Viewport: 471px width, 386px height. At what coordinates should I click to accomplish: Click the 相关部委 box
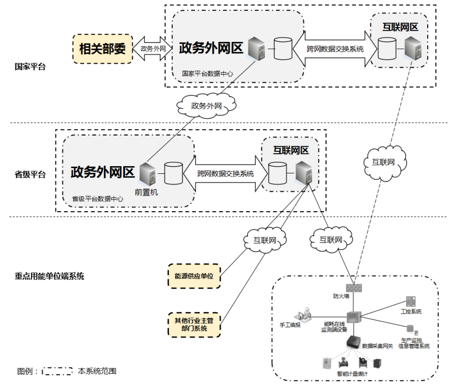103,48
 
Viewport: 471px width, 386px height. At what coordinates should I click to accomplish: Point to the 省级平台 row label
30,174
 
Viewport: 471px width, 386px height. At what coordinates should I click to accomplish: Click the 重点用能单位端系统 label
49,276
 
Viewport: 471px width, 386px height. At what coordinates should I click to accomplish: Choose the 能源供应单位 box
194,276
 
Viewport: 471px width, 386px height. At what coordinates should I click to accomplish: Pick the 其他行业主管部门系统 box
194,325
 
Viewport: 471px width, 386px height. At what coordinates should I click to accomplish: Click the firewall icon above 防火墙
353,287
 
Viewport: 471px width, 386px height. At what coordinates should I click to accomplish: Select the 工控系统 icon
410,302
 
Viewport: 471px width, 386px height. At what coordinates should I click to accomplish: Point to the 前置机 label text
146,192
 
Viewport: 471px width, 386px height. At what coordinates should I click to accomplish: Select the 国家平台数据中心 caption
207,73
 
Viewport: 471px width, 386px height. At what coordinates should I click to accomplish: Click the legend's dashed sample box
57,371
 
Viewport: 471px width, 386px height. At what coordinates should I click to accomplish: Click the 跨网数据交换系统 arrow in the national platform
335,49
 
